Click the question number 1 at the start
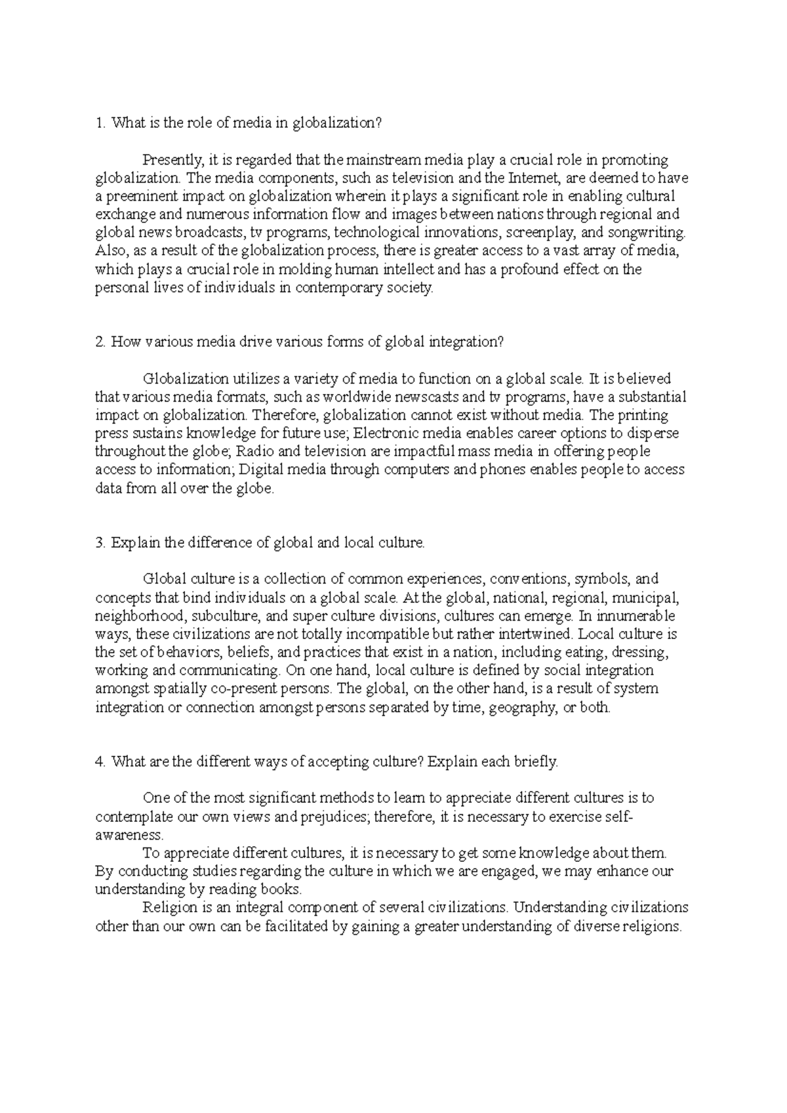pyautogui.click(x=99, y=123)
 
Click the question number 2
pyautogui.click(x=99, y=342)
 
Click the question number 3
pyautogui.click(x=99, y=543)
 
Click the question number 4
pyautogui.click(x=99, y=762)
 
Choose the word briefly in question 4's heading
pyautogui.click(x=538, y=762)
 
